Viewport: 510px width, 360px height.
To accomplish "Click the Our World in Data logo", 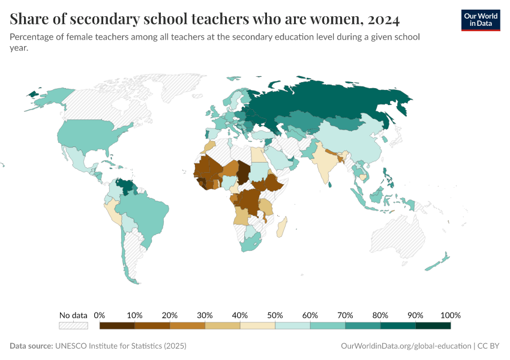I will (x=480, y=20).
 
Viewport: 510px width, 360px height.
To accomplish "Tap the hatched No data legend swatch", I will (x=73, y=326).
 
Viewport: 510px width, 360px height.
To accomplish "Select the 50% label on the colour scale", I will (x=275, y=315).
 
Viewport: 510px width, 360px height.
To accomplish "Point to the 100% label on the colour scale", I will (x=450, y=315).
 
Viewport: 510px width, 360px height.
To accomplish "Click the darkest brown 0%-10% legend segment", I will (x=117, y=326).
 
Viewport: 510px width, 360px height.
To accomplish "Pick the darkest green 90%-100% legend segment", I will (x=433, y=326).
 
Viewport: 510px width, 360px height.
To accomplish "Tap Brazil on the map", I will (x=144, y=210).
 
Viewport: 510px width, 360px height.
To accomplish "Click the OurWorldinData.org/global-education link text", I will (x=405, y=346).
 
